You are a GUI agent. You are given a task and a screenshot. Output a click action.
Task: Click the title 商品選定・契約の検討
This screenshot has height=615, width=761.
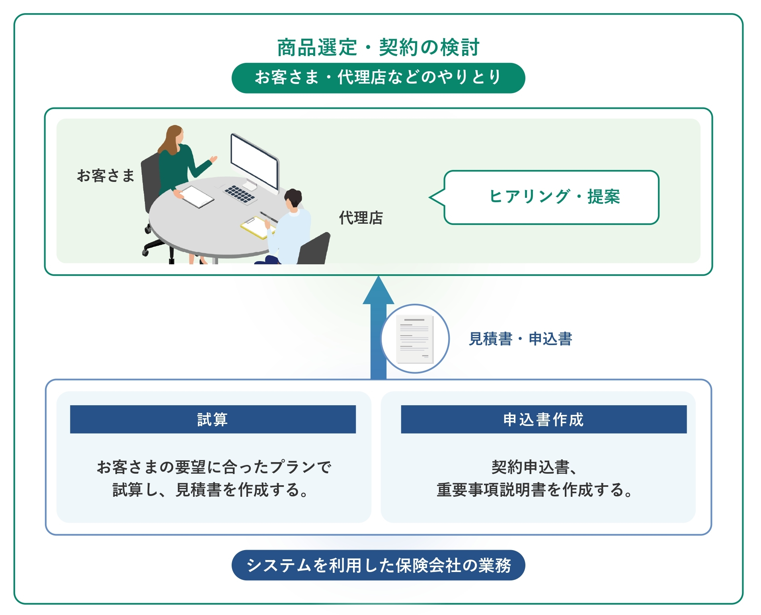(378, 48)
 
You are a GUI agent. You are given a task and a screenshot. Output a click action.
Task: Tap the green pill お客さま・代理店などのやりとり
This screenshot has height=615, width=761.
(378, 78)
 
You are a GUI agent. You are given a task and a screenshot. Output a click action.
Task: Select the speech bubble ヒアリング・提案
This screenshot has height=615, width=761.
(551, 197)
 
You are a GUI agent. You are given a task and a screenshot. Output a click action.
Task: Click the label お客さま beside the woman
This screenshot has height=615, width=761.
(106, 176)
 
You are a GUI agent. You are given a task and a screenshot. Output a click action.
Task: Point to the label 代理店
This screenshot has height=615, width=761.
(361, 218)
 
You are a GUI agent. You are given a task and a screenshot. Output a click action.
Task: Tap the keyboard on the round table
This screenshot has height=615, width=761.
(240, 193)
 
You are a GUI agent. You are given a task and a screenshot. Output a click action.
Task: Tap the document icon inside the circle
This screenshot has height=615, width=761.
(415, 339)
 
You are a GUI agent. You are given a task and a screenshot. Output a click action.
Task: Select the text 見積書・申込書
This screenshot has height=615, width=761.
(520, 339)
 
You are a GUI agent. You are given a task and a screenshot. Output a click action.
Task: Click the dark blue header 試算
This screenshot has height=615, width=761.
(213, 419)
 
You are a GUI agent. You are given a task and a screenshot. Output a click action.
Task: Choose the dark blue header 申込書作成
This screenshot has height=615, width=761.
(544, 419)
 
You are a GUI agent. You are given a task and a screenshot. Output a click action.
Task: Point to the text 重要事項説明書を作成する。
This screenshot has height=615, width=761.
(535, 490)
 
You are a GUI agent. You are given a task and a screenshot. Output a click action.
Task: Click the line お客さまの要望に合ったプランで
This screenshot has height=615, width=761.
(214, 467)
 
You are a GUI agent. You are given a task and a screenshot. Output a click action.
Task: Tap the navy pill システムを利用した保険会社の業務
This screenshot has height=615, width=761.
(378, 565)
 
